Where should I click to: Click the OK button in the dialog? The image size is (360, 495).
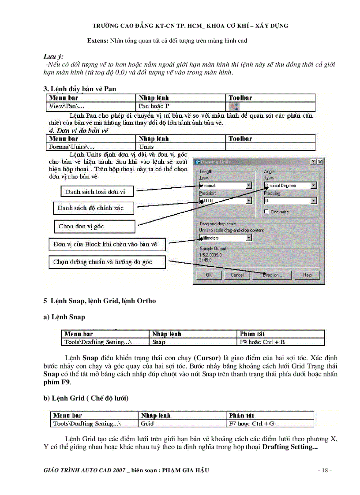tap(209, 275)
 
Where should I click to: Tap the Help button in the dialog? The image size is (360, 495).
tap(307, 275)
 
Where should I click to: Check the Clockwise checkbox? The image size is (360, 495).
tap(266, 212)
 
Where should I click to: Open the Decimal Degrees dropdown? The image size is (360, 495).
tap(313, 186)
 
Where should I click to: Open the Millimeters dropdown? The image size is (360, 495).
tap(249, 238)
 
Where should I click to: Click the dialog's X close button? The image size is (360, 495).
tap(320, 162)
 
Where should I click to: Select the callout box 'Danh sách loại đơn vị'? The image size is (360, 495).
tap(95, 192)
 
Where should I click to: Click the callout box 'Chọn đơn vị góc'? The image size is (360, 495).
tap(94, 226)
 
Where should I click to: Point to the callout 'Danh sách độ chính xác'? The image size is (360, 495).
tap(94, 208)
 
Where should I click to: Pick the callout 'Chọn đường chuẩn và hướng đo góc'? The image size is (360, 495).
tap(106, 262)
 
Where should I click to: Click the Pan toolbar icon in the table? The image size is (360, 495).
tap(233, 107)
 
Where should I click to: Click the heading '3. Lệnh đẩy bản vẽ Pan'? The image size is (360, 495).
tap(79, 89)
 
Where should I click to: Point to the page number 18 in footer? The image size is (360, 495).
tap(325, 470)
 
